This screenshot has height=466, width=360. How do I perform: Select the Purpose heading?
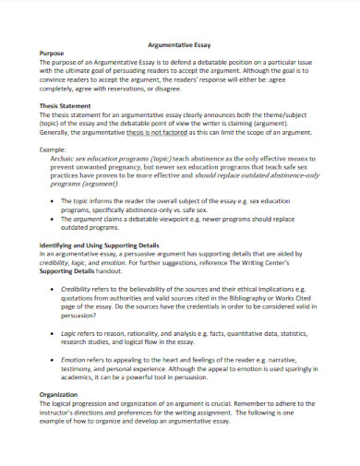point(52,54)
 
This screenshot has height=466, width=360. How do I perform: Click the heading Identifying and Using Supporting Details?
point(100,245)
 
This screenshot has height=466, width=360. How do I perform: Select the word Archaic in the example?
point(77,159)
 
